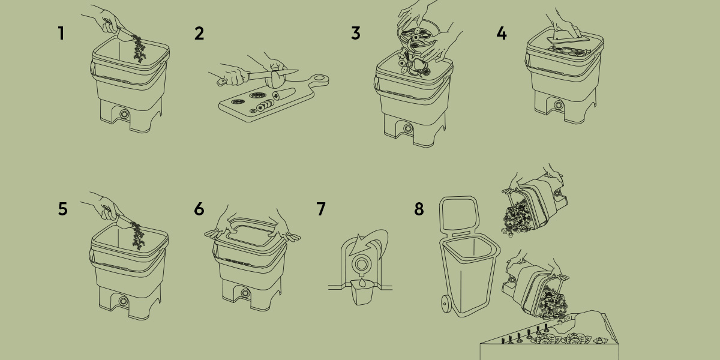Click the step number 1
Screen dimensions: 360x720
61,33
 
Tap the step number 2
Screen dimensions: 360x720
199,34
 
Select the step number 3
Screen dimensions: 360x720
356,34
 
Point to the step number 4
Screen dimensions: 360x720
502,34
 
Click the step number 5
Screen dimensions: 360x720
63,209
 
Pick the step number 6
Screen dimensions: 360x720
199,209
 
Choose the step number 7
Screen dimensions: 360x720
321,209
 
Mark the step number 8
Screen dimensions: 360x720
419,209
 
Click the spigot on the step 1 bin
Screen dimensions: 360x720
124,114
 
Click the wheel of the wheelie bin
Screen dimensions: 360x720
446,304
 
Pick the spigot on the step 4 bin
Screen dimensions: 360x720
558,105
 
